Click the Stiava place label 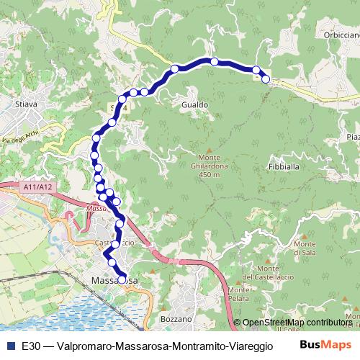[26, 105]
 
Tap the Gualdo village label [195, 105]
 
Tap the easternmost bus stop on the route [266, 79]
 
